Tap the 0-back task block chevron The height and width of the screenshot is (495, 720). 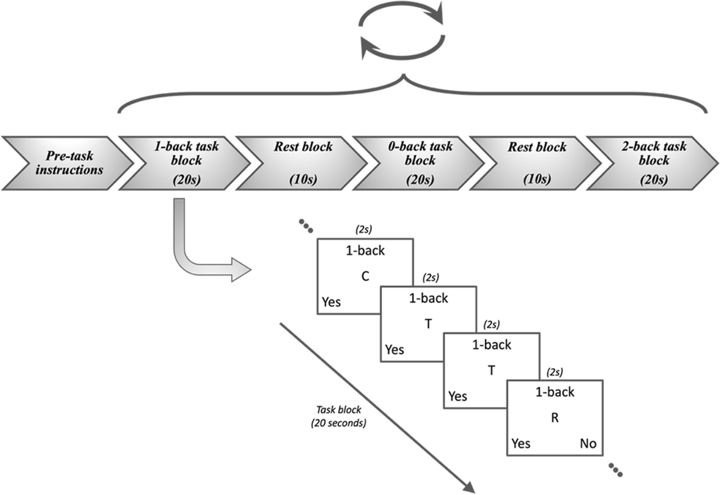pyautogui.click(x=419, y=163)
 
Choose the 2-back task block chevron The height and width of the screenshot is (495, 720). pyautogui.click(x=653, y=163)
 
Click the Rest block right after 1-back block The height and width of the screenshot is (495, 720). pyautogui.click(x=303, y=163)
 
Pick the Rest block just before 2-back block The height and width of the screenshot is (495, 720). pyautogui.click(x=537, y=163)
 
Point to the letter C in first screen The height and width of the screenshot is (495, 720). pyautogui.click(x=365, y=277)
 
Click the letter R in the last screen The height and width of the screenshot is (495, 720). pyautogui.click(x=555, y=418)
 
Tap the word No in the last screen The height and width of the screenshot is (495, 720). pyautogui.click(x=588, y=444)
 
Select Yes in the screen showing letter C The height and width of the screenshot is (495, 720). pyautogui.click(x=331, y=302)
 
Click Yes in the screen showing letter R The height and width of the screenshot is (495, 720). pyautogui.click(x=521, y=444)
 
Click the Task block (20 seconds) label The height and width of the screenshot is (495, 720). pyautogui.click(x=339, y=417)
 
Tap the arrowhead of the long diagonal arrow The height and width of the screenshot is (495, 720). pyautogui.click(x=468, y=486)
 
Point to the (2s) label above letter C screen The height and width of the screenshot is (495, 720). pyautogui.click(x=364, y=230)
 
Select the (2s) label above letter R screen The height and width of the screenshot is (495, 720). pyautogui.click(x=554, y=373)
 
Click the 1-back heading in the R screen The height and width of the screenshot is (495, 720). pyautogui.click(x=555, y=393)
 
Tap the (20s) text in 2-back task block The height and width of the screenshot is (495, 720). pyautogui.click(x=654, y=180)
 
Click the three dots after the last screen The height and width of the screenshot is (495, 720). pyautogui.click(x=615, y=470)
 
